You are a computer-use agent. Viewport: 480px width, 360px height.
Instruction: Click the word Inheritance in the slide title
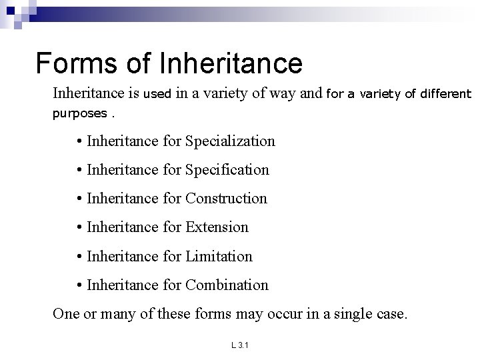coord(231,63)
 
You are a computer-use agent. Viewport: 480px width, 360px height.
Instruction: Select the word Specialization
coord(230,141)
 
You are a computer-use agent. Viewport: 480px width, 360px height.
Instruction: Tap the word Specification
coord(227,169)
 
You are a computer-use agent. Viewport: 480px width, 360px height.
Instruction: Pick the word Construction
coord(226,198)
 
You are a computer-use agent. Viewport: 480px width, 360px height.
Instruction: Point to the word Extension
coord(217,227)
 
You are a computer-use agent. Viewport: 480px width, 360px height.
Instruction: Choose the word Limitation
coord(219,256)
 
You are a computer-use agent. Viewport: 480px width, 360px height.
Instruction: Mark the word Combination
coord(227,285)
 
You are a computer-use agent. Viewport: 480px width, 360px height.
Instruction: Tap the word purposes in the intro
coord(79,113)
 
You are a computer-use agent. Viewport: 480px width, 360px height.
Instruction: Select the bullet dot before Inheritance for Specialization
coord(79,141)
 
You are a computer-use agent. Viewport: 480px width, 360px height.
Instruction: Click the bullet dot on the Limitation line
coord(79,257)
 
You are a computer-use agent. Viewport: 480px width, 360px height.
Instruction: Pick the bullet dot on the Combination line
coord(79,285)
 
